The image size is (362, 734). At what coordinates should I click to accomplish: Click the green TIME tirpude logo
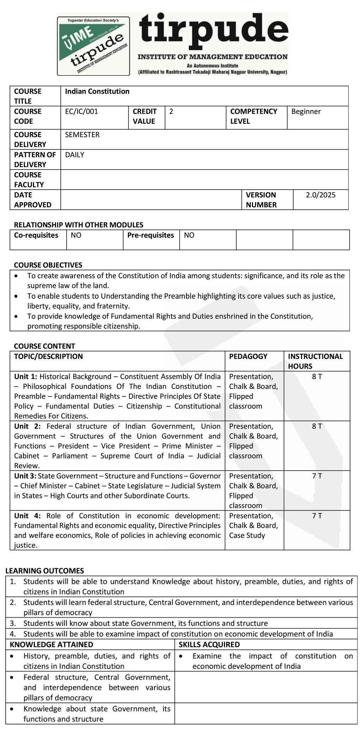[x=93, y=46]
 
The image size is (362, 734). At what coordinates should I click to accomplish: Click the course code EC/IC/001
[x=82, y=111]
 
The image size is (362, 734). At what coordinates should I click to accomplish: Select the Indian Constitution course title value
[x=97, y=91]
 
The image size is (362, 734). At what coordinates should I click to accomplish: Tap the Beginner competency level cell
[x=306, y=111]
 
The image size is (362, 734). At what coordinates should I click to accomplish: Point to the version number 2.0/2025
[x=320, y=195]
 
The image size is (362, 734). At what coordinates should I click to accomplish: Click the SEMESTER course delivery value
[x=82, y=135]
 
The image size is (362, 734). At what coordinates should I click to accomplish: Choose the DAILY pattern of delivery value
[x=74, y=155]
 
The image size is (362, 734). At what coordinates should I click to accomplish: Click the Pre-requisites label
[x=151, y=235]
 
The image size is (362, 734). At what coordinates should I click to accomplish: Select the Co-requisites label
[x=36, y=235]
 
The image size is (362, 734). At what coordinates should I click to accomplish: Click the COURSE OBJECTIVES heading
[x=48, y=265]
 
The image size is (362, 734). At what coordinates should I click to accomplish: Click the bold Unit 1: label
[x=26, y=377]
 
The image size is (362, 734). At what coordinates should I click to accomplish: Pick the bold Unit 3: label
[x=25, y=476]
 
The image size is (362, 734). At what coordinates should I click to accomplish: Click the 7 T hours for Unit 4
[x=317, y=516]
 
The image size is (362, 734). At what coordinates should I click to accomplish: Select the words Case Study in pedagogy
[x=247, y=536]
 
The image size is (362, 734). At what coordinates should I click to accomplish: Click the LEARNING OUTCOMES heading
[x=45, y=571]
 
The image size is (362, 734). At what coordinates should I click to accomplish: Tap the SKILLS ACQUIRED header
[x=209, y=644]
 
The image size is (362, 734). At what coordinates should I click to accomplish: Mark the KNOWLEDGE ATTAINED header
[x=52, y=644]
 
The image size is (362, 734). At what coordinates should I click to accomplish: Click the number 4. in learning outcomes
[x=13, y=634]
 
